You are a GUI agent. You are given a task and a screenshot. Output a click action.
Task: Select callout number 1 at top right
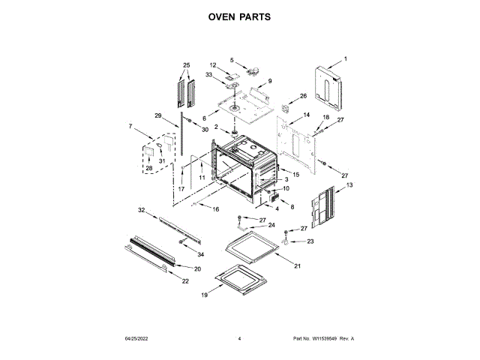[346, 58]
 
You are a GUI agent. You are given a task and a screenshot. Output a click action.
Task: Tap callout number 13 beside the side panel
[349, 184]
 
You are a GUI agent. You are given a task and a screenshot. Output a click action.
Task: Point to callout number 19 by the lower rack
[204, 295]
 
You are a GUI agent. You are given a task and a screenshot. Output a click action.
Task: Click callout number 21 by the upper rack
[297, 266]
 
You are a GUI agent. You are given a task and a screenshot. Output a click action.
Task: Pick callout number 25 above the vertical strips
[187, 64]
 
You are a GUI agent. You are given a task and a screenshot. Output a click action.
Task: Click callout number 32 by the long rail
[141, 211]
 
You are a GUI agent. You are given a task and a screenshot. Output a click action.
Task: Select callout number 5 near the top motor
[232, 60]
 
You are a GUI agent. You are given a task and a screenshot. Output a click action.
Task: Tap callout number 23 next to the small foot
[310, 241]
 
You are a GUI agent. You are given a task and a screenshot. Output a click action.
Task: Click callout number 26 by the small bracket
[304, 96]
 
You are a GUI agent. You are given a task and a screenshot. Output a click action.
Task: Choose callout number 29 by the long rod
[158, 115]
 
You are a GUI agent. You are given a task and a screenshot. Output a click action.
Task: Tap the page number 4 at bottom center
[239, 339]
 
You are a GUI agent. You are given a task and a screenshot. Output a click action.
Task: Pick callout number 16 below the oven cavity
[216, 209]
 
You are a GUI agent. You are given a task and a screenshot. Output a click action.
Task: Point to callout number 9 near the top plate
[269, 80]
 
